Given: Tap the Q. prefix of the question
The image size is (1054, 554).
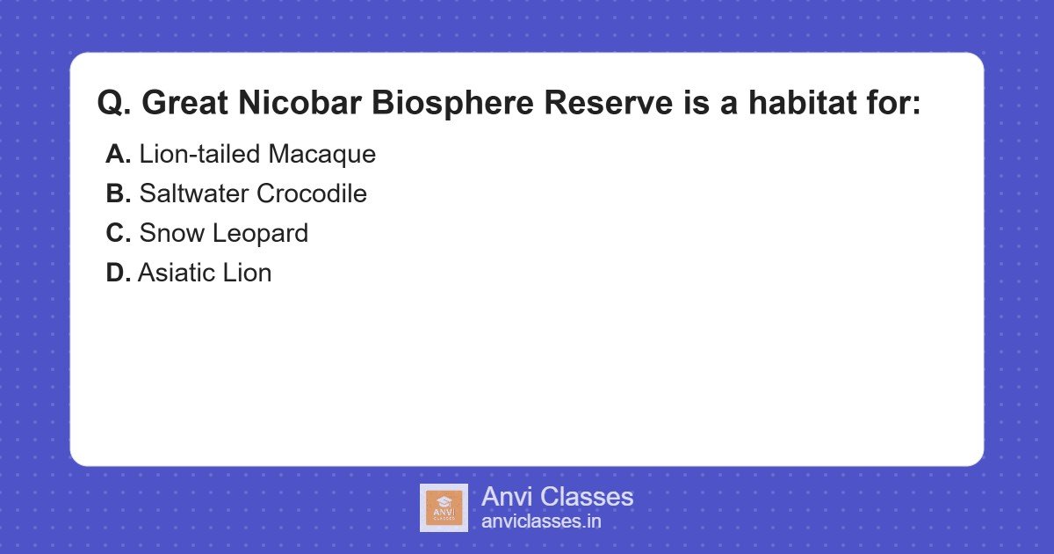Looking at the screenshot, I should [114, 104].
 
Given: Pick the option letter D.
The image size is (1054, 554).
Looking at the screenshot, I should [119, 273].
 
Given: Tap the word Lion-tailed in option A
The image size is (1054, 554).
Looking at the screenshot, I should [200, 155].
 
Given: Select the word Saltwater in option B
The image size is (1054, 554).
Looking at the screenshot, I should [194, 194].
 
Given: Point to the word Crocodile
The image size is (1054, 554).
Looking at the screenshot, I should [312, 194].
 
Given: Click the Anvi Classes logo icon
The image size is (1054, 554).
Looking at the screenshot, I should [444, 507].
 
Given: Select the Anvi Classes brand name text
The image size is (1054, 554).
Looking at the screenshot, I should [557, 497].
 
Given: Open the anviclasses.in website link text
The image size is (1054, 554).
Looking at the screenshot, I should [541, 521].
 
